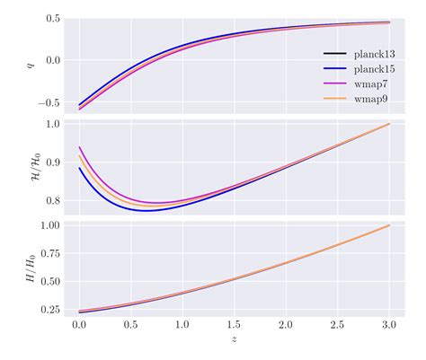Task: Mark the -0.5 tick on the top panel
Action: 49,102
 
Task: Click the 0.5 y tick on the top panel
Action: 52,19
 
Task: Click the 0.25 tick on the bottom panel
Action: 49,310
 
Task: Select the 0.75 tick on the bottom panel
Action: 49,253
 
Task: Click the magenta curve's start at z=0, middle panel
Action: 80,147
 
